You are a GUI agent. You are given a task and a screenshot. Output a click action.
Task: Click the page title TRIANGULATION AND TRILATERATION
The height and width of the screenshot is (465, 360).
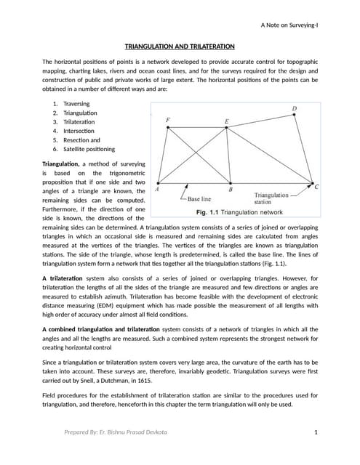tap(180, 46)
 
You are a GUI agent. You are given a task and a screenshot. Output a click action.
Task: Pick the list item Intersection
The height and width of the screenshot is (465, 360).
tap(79, 131)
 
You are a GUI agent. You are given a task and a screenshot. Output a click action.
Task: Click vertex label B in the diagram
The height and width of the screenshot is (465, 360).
tap(231, 190)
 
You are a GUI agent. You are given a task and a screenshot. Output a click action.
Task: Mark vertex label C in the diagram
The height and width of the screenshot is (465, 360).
tap(316, 187)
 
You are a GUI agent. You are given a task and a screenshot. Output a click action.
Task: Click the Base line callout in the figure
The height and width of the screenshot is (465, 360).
tap(199, 198)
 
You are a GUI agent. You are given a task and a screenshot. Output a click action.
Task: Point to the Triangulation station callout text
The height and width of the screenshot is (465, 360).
tap(274, 198)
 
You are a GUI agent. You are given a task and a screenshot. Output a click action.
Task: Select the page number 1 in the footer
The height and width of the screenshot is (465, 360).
tap(317, 433)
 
